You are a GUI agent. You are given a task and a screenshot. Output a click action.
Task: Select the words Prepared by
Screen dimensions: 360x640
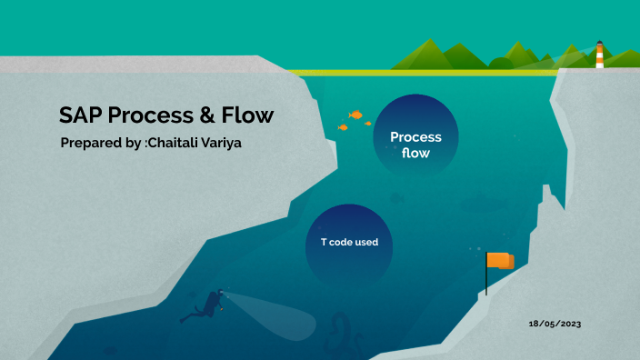pos(100,144)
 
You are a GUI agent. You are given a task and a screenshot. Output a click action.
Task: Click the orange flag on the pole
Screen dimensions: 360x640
pos(500,261)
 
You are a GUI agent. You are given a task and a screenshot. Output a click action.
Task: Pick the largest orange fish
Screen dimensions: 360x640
pos(356,115)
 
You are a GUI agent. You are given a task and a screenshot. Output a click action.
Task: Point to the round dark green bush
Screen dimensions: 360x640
pos(500,63)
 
